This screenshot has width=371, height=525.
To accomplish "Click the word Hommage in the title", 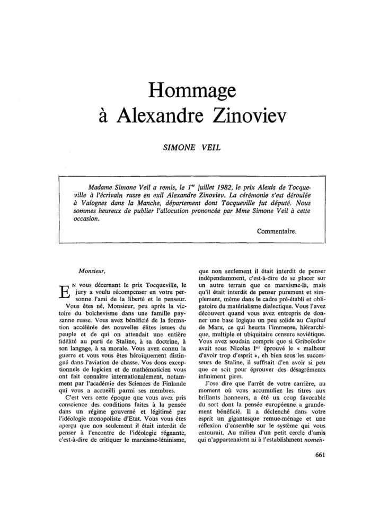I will coord(185,90).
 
